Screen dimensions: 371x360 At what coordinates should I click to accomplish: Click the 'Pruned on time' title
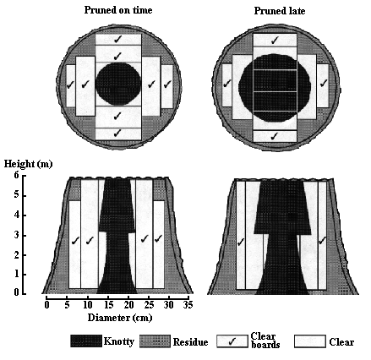click(x=118, y=10)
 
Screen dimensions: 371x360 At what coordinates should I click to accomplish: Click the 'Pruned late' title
click(x=280, y=11)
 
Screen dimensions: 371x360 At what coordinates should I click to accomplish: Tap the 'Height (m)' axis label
click(x=28, y=164)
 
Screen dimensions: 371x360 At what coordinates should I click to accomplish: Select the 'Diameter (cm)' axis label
click(x=120, y=318)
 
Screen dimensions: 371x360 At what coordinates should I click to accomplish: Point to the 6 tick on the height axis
click(x=16, y=175)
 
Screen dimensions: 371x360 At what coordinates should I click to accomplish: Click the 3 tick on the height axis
click(x=16, y=236)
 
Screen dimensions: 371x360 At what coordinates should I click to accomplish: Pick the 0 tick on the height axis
click(x=16, y=293)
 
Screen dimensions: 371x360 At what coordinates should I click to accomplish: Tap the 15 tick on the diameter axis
click(x=108, y=305)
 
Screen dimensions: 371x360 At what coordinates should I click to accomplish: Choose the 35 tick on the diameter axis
click(x=188, y=305)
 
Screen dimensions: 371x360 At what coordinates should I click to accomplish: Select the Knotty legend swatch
click(x=86, y=341)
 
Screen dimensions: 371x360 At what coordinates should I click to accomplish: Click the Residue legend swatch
click(x=155, y=341)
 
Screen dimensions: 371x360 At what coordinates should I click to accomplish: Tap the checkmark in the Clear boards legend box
click(x=232, y=341)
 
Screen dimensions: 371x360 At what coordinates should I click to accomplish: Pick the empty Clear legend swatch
click(x=310, y=341)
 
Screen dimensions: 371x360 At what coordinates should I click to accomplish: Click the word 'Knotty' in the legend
click(x=119, y=341)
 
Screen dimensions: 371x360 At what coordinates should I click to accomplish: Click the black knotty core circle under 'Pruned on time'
click(x=118, y=84)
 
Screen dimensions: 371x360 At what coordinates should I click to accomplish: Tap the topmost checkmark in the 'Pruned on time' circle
click(x=117, y=39)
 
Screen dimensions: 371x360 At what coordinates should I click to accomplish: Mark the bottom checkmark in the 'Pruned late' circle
click(x=274, y=136)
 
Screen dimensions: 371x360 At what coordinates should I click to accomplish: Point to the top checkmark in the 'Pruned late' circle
click(x=275, y=40)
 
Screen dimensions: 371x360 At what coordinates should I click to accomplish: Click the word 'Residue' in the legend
click(x=190, y=342)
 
